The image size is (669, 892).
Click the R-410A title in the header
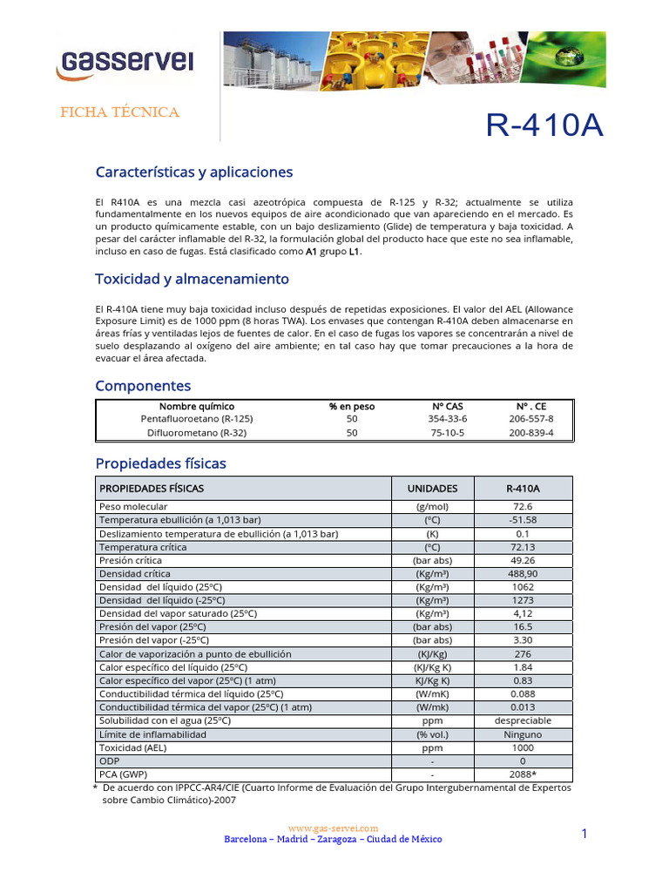(x=544, y=125)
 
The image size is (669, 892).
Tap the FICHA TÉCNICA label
(x=118, y=112)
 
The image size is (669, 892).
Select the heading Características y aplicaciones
(x=193, y=172)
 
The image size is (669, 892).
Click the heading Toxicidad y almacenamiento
(x=192, y=279)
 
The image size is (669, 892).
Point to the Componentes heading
(x=143, y=385)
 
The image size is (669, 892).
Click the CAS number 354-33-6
(x=448, y=419)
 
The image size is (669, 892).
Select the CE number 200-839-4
(x=530, y=433)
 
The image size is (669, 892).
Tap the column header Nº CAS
(x=448, y=406)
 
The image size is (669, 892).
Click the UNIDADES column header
(x=432, y=489)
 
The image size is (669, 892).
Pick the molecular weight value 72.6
(x=523, y=507)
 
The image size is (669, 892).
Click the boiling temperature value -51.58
(x=523, y=520)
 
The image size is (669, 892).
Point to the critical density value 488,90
(x=523, y=574)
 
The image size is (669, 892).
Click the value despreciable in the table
(x=523, y=720)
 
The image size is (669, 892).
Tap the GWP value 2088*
(x=523, y=774)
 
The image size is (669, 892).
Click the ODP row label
(x=110, y=761)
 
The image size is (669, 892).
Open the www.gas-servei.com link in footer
(x=333, y=828)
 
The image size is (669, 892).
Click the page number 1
(x=585, y=835)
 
